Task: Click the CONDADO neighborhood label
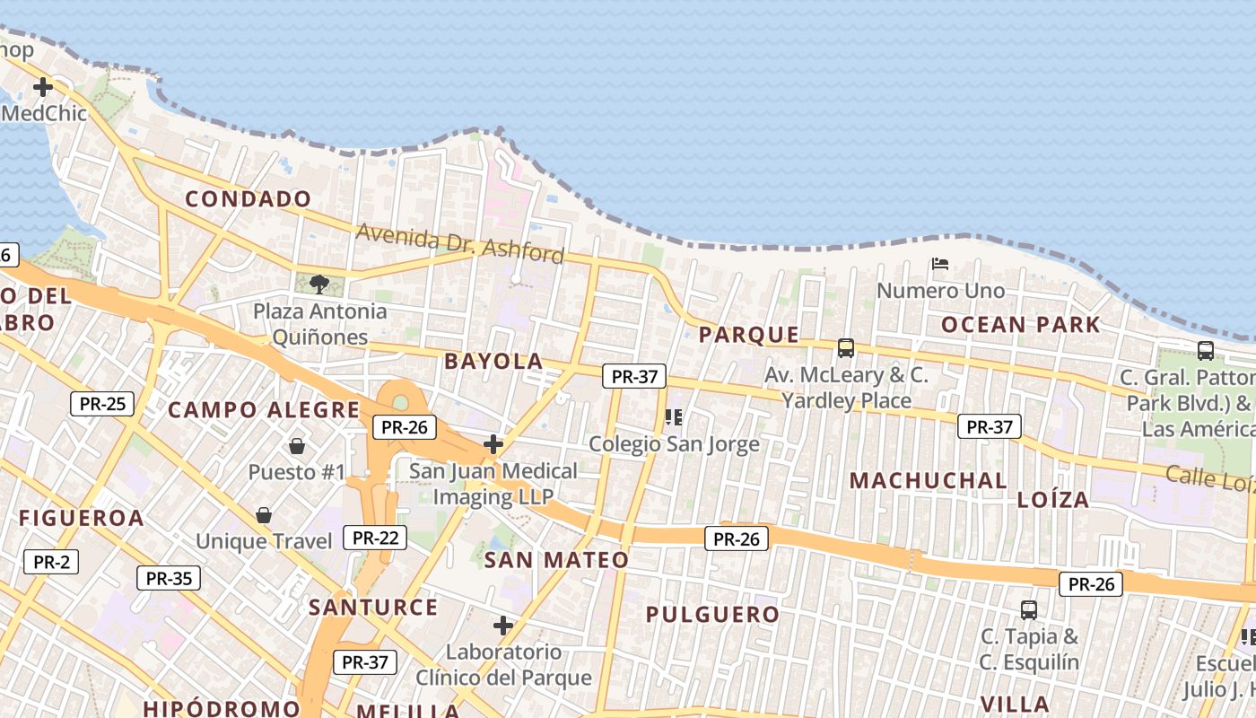pos(249,199)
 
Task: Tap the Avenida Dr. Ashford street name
pos(460,243)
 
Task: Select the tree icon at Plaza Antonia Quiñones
pos(318,285)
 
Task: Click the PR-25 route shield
pos(102,404)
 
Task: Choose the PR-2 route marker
pos(51,563)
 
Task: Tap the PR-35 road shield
pos(169,578)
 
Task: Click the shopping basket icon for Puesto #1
pos(296,446)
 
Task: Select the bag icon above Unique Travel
pos(264,515)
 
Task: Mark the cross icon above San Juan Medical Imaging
pos(493,443)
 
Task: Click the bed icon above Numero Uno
pos(940,264)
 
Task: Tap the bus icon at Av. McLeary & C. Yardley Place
pos(845,347)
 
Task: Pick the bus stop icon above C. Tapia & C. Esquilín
pos(1029,610)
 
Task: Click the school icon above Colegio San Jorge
pos(674,417)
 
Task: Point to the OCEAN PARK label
pos(1020,325)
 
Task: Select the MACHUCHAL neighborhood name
pos(929,481)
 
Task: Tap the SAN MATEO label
pos(556,560)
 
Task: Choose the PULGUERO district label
pos(713,615)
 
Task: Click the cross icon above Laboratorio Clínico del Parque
pos(503,625)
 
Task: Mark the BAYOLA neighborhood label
pos(493,362)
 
